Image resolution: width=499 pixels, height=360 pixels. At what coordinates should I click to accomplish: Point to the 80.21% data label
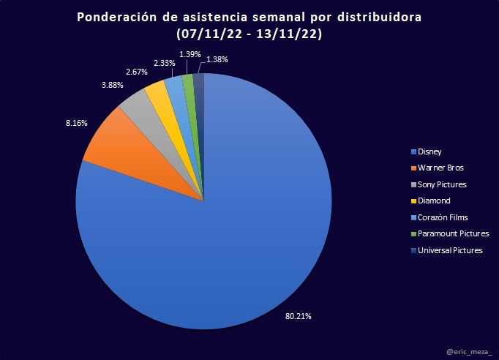[299, 317]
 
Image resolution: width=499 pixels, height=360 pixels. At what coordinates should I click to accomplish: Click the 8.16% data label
[76, 124]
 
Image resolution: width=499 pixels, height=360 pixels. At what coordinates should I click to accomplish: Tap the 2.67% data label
[136, 72]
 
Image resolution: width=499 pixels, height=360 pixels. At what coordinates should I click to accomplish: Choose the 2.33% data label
[165, 64]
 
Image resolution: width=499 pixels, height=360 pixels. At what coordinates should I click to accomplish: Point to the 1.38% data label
[215, 58]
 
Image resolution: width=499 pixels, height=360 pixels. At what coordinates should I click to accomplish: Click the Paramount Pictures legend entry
[449, 233]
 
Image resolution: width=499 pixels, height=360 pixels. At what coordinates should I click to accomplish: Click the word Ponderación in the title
[117, 18]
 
